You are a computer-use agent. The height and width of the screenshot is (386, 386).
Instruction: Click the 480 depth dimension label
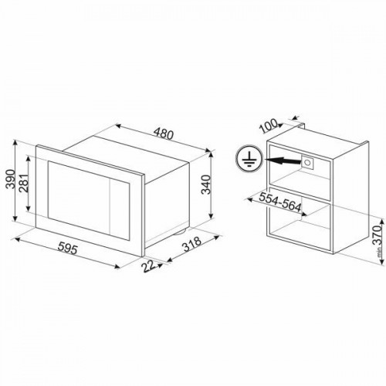[x=164, y=134]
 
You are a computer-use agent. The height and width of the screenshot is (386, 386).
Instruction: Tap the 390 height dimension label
[x=11, y=179]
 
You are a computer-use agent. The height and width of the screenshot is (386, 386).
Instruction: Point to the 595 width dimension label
[x=67, y=249]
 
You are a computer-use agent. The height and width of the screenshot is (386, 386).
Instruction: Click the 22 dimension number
[x=149, y=266]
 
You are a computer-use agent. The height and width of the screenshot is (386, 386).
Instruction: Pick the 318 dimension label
[x=191, y=244]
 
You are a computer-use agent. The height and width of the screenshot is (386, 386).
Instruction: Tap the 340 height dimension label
[x=206, y=185]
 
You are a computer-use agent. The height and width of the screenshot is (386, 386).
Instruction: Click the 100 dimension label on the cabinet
[x=269, y=126]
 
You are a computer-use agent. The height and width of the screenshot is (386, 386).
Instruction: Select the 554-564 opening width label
[x=280, y=202]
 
